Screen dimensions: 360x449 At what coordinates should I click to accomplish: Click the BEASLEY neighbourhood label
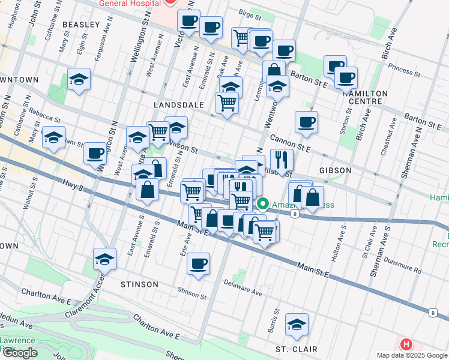coord(80,24)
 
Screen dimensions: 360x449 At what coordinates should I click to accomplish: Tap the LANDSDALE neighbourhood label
coord(179,104)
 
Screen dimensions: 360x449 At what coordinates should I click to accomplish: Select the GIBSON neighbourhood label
coord(335,170)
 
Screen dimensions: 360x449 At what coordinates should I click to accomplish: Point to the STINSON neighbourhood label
coord(139,284)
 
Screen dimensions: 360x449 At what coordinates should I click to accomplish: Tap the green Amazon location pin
coord(262,205)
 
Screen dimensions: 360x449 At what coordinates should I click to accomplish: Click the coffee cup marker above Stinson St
coord(198,263)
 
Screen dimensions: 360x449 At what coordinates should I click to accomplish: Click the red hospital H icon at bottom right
coord(406,344)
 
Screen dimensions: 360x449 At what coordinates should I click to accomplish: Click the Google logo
coord(19,353)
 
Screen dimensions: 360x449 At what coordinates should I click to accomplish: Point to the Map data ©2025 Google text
coord(412,355)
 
